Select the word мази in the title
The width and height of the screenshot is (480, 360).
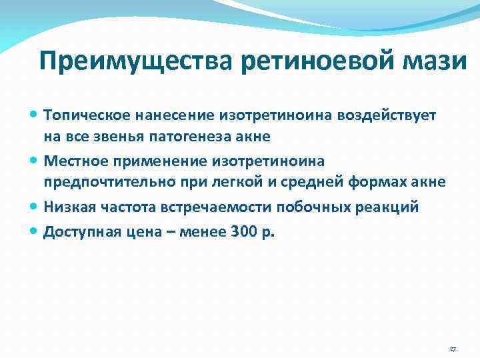tap(440, 61)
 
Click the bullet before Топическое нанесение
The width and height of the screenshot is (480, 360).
tap(35, 115)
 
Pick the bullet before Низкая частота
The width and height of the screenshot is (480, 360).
tap(35, 207)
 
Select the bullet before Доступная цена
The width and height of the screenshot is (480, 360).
tap(35, 230)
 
